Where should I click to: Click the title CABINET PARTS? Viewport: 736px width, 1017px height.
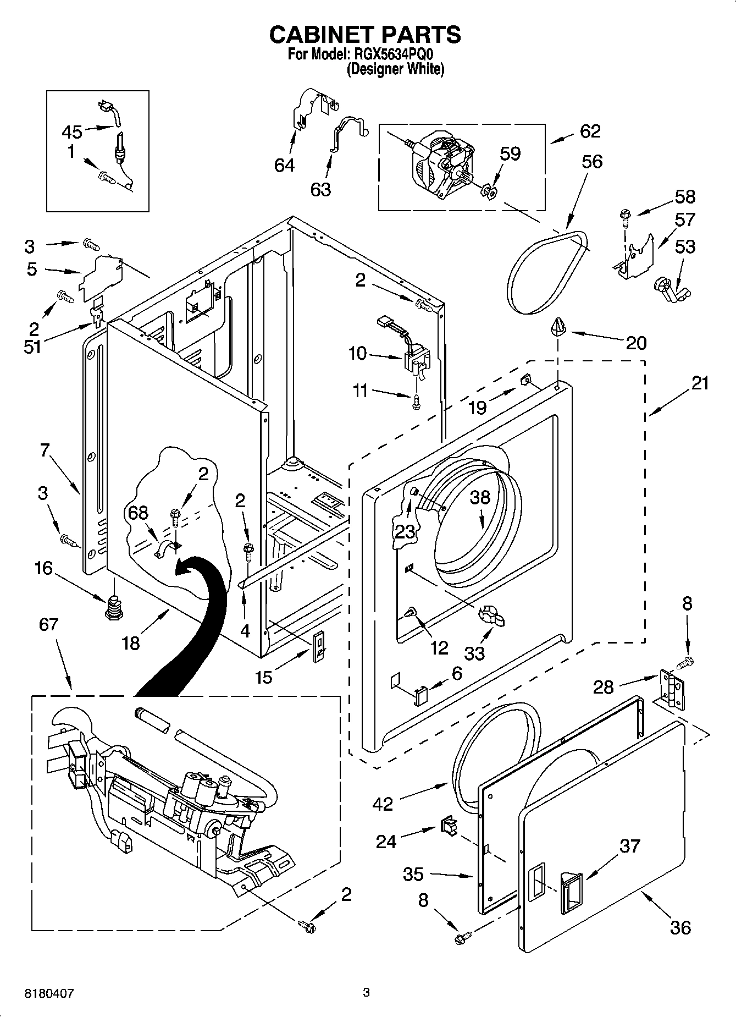coord(365,35)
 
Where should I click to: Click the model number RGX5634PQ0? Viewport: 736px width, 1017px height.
coord(391,55)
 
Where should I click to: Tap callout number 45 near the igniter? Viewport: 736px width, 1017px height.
coord(72,132)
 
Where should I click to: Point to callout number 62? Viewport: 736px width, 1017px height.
coord(590,131)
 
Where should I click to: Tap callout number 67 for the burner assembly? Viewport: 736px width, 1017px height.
coord(49,624)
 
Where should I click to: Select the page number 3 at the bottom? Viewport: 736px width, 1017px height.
coord(366,992)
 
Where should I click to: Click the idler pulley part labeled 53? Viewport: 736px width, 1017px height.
coord(672,289)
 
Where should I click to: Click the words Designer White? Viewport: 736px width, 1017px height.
coord(395,69)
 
